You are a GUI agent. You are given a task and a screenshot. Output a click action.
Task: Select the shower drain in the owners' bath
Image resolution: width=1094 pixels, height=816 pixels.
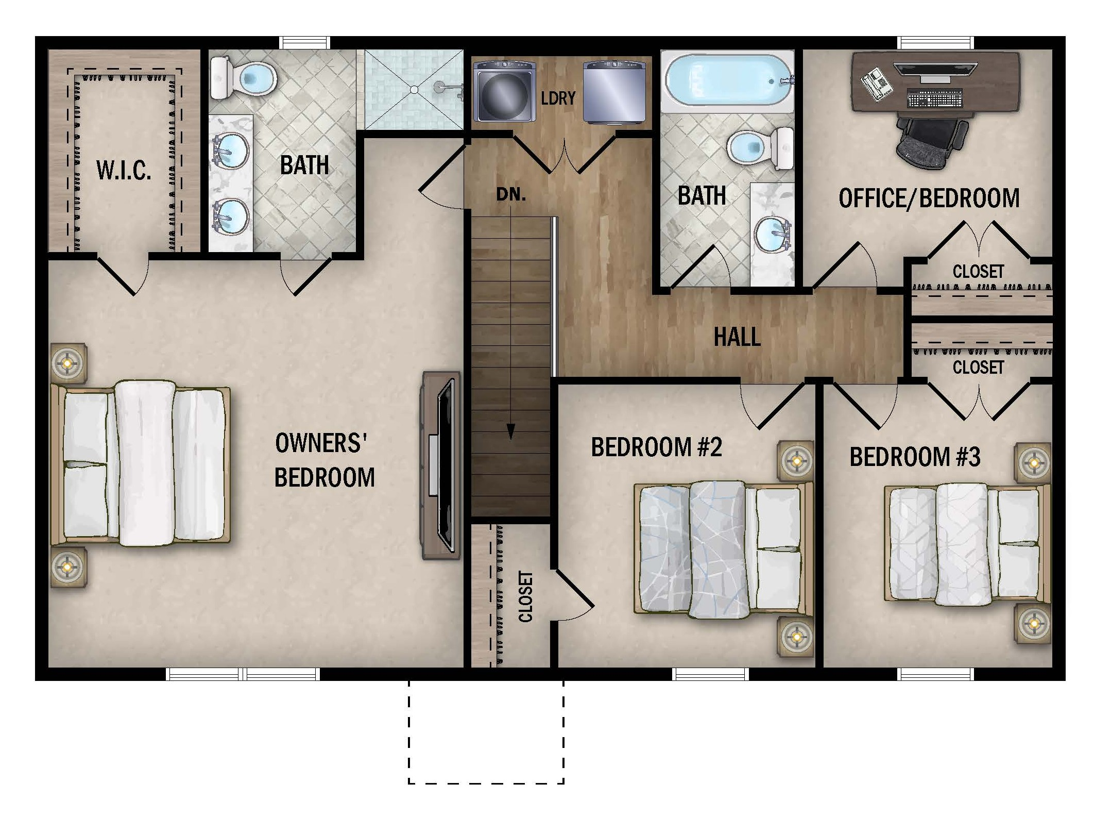(x=414, y=89)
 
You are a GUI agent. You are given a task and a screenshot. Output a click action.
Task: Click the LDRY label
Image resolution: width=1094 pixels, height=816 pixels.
(x=558, y=98)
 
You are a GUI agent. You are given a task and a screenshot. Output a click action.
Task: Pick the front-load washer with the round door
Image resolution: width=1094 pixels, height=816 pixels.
(x=504, y=91)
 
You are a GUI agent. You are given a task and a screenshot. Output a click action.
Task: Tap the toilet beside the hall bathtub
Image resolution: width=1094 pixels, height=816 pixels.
(x=760, y=147)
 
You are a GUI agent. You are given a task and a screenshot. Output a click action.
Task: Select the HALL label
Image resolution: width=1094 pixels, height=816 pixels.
(x=737, y=337)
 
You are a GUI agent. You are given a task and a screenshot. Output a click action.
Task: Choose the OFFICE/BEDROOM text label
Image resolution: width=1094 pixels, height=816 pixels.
(x=929, y=198)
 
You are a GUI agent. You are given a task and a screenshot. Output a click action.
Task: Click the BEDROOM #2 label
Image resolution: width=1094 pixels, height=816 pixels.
(x=656, y=447)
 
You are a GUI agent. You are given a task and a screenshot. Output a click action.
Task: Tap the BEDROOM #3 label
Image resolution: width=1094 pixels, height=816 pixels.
(x=915, y=457)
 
